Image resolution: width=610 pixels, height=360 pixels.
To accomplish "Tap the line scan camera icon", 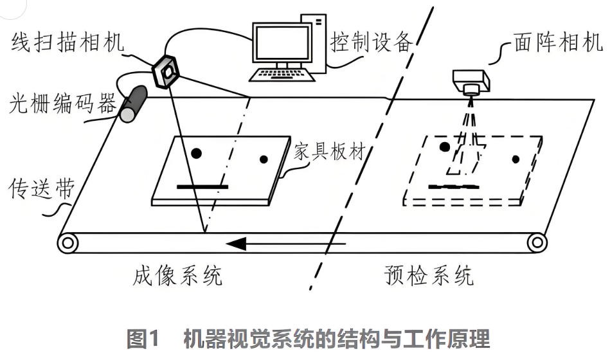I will click(x=166, y=71).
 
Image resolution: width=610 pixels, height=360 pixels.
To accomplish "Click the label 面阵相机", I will click(x=558, y=43).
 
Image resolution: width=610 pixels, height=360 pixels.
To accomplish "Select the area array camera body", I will click(x=471, y=82).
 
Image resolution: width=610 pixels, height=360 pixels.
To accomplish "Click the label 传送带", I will click(x=37, y=189).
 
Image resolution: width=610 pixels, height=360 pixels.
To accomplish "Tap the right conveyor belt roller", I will click(x=537, y=243).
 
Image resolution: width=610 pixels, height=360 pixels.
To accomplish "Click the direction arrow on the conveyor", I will click(x=287, y=244).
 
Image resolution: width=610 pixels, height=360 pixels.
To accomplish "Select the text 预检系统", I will click(x=429, y=276).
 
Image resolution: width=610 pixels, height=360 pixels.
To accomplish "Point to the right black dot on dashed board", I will click(x=515, y=159).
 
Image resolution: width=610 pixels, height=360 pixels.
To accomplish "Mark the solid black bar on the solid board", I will click(x=202, y=187).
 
